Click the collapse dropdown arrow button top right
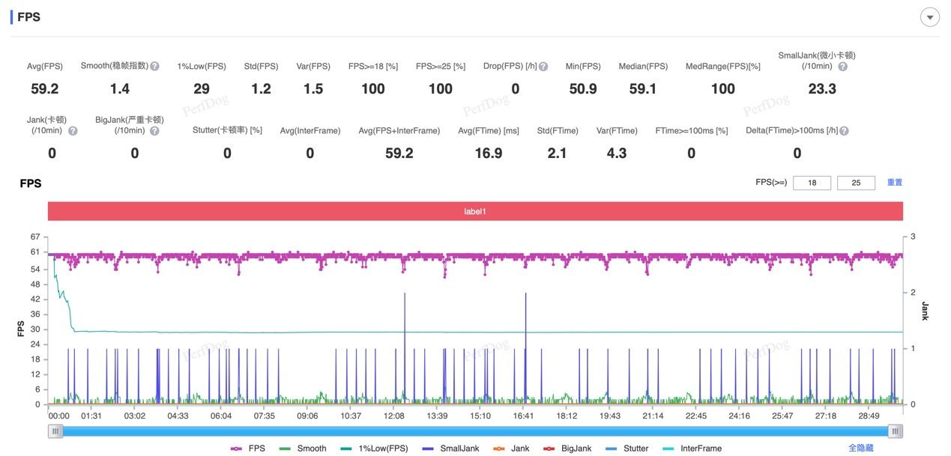[929, 17]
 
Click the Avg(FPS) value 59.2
[44, 89]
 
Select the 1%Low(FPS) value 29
[202, 89]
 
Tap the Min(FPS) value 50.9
[582, 89]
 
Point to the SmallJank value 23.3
[822, 89]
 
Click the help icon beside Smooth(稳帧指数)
[154, 66]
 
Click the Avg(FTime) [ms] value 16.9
[489, 153]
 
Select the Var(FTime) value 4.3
[617, 153]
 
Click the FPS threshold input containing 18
[812, 183]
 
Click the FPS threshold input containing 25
[856, 183]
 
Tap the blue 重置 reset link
[895, 183]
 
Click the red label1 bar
[474, 212]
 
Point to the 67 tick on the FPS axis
[34, 237]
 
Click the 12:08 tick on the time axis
[394, 416]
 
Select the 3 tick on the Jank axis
[914, 237]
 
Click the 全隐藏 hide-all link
[860, 448]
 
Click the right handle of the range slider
[895, 431]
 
